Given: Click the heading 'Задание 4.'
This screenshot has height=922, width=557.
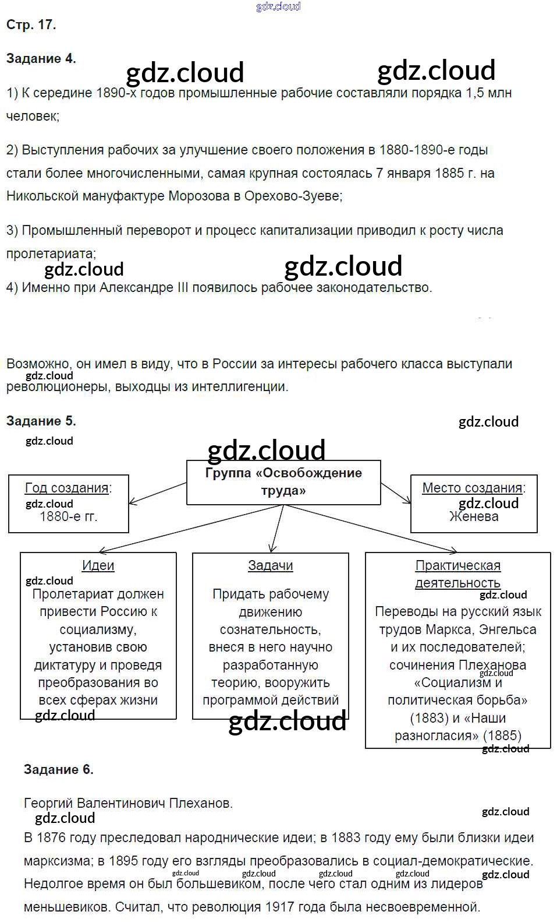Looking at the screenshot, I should [41, 58].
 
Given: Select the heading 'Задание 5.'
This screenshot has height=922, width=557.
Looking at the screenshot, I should [41, 421].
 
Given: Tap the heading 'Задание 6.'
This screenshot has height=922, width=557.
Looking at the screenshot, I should [58, 769].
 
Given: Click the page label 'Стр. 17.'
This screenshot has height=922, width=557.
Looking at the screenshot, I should [31, 24].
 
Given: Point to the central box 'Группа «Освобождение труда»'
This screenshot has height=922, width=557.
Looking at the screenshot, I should [283, 482].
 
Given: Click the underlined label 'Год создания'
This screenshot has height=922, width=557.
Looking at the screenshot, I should [68, 488].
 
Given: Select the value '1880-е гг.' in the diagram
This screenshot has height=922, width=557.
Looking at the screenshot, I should [68, 516].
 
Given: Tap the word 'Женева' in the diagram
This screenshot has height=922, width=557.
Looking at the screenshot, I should [474, 516].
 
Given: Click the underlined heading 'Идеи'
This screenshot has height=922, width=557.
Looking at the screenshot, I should [98, 565].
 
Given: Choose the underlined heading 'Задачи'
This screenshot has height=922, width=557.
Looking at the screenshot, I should [271, 565].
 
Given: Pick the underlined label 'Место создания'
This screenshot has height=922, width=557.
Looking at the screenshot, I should [473, 488].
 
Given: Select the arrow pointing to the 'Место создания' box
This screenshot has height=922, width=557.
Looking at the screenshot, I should [396, 492].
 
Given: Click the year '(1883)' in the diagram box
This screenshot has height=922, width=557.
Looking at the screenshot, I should [430, 718].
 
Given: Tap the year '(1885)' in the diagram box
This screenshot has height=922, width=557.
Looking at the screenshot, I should [502, 736].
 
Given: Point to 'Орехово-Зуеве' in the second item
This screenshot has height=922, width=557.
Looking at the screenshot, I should [293, 196].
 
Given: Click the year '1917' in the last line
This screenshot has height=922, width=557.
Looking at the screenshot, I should [282, 907].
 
